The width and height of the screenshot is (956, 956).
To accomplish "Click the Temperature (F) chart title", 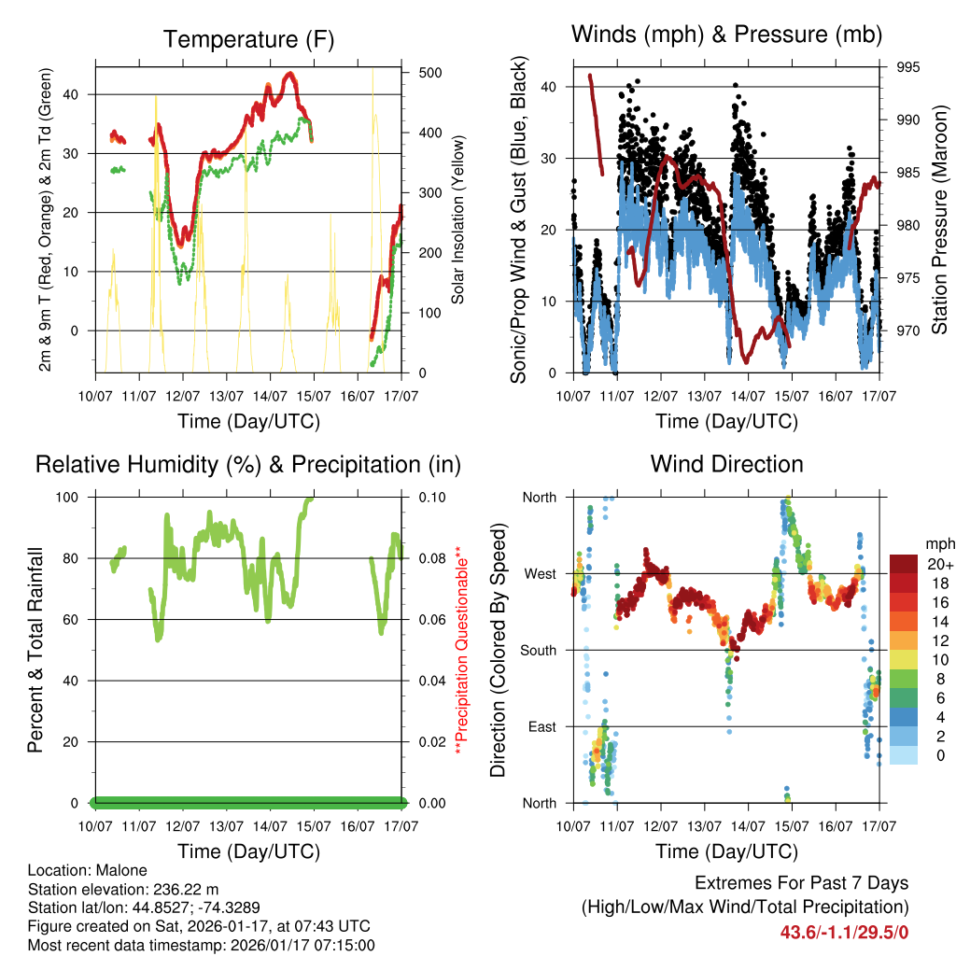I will click(248, 39).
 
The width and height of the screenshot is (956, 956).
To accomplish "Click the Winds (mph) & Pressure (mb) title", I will click(726, 35).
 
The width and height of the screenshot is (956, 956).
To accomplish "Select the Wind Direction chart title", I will click(726, 464).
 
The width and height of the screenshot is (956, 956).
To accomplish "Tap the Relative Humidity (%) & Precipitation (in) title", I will click(248, 464).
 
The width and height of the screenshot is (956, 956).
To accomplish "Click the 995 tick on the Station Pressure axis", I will click(907, 67).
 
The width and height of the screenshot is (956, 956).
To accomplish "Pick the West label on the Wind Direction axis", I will click(540, 573).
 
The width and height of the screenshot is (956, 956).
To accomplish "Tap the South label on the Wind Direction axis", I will click(538, 650).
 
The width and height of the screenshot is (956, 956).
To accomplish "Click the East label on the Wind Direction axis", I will click(541, 726).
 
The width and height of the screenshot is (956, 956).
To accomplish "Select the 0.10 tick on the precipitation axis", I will click(432, 497).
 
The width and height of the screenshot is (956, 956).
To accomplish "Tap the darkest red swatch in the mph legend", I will click(907, 563).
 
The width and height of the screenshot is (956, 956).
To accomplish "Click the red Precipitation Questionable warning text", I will click(458, 650).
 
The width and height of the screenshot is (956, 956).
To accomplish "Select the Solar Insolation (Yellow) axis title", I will click(458, 220).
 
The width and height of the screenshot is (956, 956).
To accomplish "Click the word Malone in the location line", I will click(121, 870).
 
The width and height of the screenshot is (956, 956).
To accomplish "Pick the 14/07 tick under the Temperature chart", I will click(270, 396).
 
